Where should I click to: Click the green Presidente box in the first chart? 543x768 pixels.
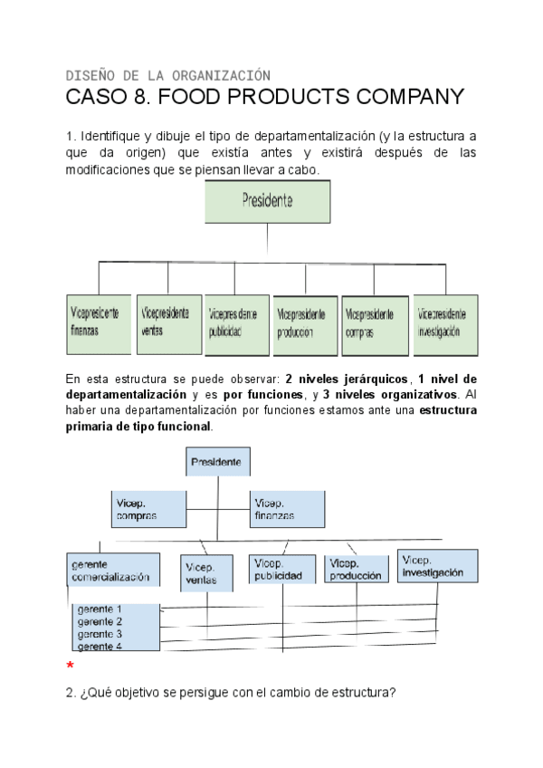coord(267,202)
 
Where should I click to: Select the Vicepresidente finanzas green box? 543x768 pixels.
coord(98,323)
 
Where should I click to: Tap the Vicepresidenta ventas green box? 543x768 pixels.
coord(168,323)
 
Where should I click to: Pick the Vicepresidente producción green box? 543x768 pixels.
coord(305,323)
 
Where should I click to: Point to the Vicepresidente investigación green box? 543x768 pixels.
coord(445,323)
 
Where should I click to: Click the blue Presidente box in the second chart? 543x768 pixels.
coord(218,462)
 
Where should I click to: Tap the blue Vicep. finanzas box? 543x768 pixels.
coord(287,508)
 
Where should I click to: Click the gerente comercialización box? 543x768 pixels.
coord(113,570)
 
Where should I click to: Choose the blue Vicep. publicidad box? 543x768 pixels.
coord(281,568)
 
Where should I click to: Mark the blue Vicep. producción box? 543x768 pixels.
coord(356,568)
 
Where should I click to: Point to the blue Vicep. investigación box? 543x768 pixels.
coord(436,565)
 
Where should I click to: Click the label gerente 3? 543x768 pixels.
coord(100,634)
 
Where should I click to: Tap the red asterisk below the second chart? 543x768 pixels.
coord(70,667)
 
